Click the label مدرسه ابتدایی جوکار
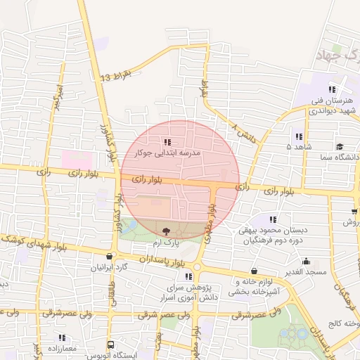click(172, 152)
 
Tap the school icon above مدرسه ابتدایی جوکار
click(166, 142)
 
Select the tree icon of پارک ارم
click(166, 231)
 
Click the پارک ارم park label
click(167, 242)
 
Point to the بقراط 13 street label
click(116, 76)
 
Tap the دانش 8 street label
click(242, 129)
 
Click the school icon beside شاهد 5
click(299, 136)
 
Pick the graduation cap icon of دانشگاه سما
click(340, 146)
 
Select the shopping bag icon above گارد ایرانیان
click(109, 257)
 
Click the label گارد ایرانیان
click(110, 268)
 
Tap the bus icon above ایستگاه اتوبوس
click(110, 345)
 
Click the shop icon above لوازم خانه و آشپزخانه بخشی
click(253, 271)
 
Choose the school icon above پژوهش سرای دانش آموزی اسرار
click(188, 276)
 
